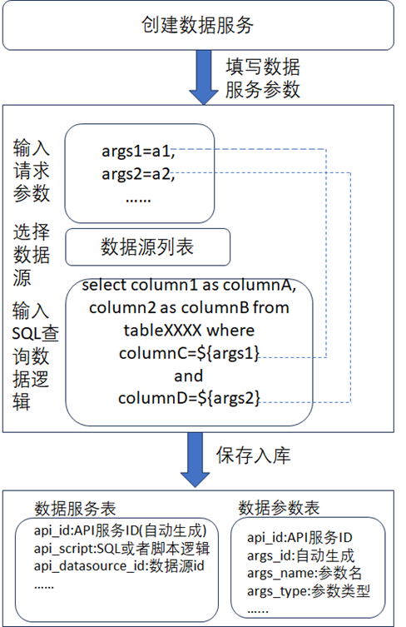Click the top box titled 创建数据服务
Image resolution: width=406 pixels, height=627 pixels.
[198, 25]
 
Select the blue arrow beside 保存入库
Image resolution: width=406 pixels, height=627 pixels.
[195, 460]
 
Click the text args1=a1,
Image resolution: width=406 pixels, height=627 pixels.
[138, 152]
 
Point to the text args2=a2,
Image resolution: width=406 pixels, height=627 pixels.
[138, 174]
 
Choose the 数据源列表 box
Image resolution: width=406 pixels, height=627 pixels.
[148, 247]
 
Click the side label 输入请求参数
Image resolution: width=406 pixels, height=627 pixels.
[32, 171]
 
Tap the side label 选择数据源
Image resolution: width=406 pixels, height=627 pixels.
[32, 254]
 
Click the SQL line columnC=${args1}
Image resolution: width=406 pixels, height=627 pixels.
[189, 353]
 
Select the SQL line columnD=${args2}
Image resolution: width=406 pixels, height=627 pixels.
[189, 398]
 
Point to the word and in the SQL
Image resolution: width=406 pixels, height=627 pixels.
[189, 376]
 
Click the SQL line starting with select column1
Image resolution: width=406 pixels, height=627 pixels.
[189, 285]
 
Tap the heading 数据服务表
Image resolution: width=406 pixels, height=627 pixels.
[75, 509]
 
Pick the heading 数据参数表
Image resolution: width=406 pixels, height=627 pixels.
[279, 508]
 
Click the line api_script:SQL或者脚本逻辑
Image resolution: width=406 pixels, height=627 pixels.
[121, 549]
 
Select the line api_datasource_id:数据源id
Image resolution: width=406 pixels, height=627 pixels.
[119, 566]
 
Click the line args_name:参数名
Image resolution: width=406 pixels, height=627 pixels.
[304, 573]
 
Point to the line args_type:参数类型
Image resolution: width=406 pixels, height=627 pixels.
[309, 591]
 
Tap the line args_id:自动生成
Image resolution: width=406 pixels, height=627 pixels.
[300, 555]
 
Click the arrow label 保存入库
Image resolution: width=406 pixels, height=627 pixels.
[254, 455]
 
